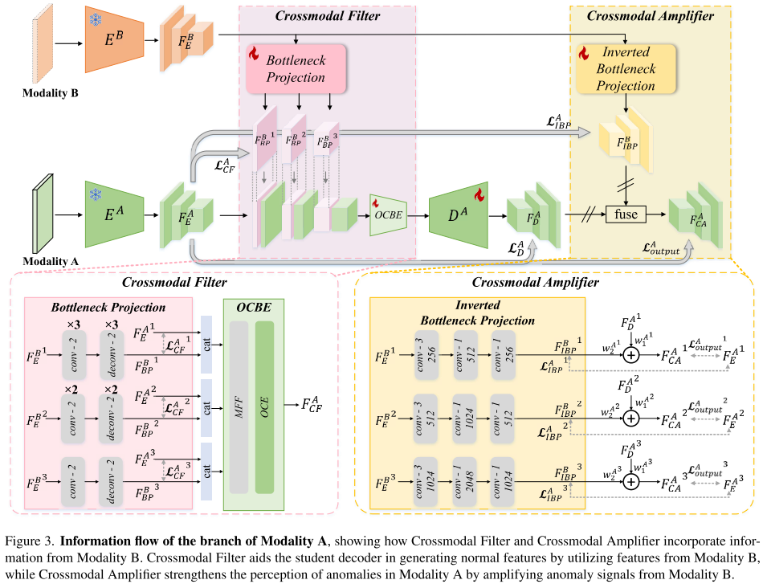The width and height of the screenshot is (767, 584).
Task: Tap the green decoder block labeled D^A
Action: (x=459, y=214)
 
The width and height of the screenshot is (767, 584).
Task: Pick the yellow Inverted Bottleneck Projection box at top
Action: (x=626, y=69)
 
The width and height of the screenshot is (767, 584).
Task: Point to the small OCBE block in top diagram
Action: (x=386, y=215)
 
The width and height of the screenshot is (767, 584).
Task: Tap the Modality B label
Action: (x=50, y=93)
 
